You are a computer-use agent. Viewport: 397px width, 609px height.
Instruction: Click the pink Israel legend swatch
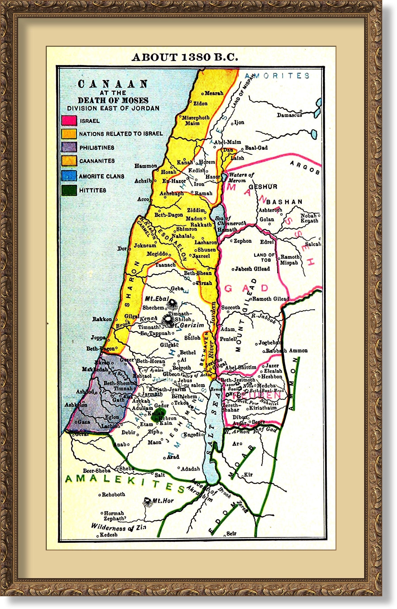click(69, 120)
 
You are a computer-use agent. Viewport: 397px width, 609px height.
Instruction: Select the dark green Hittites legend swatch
click(69, 190)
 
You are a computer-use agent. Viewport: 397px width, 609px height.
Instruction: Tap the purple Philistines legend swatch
click(69, 147)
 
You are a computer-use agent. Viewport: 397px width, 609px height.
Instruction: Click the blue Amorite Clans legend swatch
click(69, 176)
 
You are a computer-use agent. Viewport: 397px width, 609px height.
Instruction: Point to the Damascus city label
click(289, 115)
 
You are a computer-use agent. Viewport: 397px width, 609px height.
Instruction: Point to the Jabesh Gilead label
click(252, 269)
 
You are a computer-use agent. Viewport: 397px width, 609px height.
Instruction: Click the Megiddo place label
click(157, 254)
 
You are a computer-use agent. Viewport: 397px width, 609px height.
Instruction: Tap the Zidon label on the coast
click(200, 104)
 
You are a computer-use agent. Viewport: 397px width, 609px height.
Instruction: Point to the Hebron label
click(168, 418)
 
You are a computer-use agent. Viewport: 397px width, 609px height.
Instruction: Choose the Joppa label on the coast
click(98, 338)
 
